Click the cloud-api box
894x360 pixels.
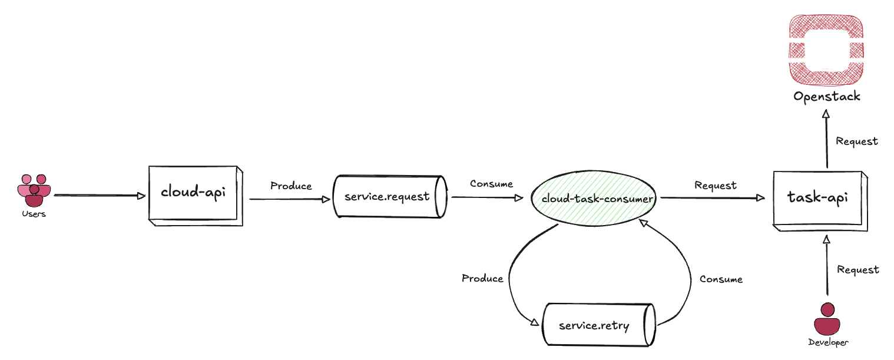tap(195, 195)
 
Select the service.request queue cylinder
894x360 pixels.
tap(388, 197)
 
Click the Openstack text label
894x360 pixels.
tap(826, 97)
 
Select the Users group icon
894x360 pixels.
tap(34, 190)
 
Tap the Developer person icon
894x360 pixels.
tap(827, 319)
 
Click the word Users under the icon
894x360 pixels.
tap(34, 214)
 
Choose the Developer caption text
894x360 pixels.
tap(827, 342)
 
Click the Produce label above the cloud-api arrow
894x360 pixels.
tap(291, 186)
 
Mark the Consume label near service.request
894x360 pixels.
tap(491, 184)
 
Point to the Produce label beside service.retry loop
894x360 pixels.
tap(482, 279)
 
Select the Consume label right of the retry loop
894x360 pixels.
tap(721, 279)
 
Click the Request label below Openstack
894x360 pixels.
tap(857, 141)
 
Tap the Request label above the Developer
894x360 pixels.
tap(857, 270)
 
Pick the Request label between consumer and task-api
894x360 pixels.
tap(716, 186)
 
